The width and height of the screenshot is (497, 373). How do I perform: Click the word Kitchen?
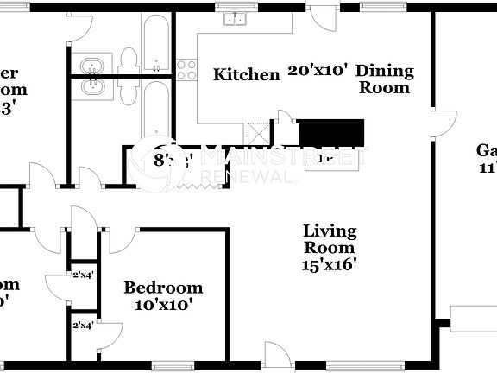coord(247,75)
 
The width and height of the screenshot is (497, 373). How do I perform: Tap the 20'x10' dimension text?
coord(319,71)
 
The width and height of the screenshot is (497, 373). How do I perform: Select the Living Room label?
coord(330,239)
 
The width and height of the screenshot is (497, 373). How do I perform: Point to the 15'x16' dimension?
coord(330,266)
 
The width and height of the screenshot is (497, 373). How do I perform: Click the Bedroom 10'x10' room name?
coord(163,288)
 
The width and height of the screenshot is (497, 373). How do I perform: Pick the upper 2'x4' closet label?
coord(84,275)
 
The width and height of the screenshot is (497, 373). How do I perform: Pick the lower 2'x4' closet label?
coord(84,325)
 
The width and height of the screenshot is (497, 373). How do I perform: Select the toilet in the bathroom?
coord(129,60)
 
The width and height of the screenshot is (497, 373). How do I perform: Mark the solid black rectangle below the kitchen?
coord(332,133)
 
